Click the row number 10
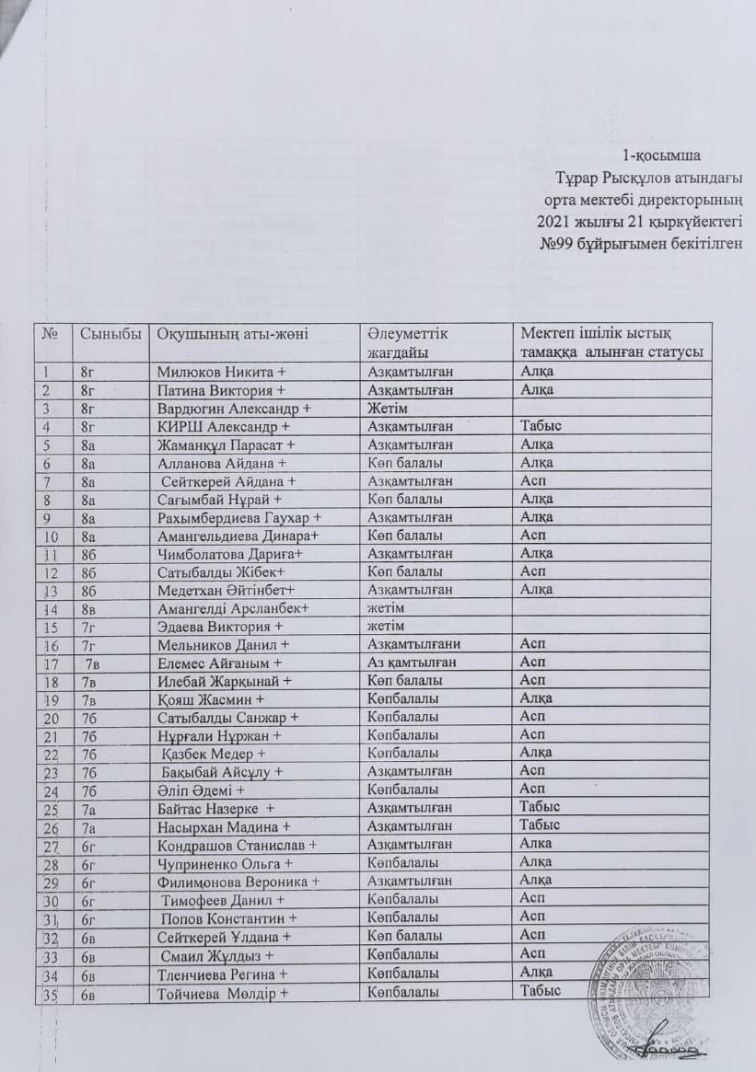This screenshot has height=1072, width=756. pyautogui.click(x=52, y=536)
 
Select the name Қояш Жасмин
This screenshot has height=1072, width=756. pyautogui.click(x=208, y=698)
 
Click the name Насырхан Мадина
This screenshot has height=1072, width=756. pyautogui.click(x=225, y=826)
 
